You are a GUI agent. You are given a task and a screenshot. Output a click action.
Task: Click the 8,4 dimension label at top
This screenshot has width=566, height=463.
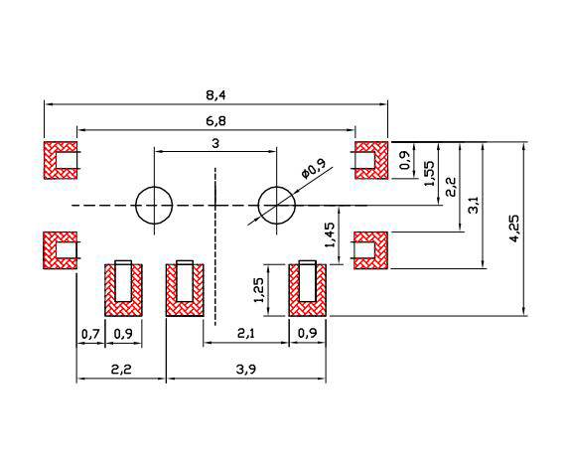point(215,95)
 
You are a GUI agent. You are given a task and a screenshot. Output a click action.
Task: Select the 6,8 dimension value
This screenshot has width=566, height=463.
point(215,121)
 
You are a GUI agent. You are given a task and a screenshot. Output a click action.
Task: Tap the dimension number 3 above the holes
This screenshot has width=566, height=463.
point(215,144)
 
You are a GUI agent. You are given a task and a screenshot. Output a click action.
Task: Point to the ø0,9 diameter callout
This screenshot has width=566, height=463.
point(314,169)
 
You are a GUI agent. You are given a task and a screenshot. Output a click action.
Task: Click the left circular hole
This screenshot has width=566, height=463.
point(154,188)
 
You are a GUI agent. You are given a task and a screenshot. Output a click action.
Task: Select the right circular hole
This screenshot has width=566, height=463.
point(276,188)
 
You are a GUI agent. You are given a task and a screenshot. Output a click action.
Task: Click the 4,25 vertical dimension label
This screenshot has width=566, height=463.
point(514,229)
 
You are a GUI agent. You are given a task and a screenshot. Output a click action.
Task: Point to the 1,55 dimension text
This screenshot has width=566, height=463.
point(430,173)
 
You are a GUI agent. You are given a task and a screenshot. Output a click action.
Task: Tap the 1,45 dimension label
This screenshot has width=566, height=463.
point(330,235)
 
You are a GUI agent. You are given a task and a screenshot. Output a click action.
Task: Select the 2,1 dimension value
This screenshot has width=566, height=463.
point(246,334)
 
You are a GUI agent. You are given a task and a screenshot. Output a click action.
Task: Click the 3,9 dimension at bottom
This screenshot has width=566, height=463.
point(246,370)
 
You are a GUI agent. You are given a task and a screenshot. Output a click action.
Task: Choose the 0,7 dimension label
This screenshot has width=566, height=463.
point(90,334)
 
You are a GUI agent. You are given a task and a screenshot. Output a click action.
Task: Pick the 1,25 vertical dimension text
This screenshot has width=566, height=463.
point(259,290)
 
